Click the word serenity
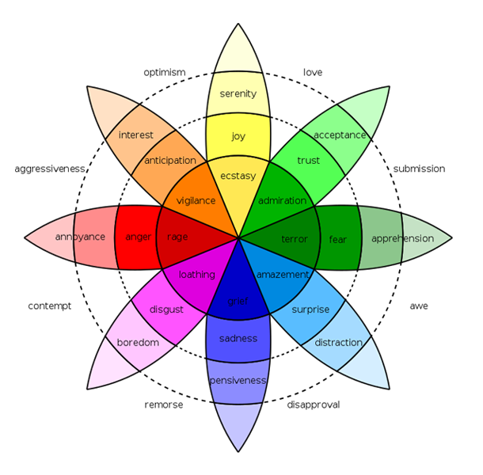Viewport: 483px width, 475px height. (238, 93)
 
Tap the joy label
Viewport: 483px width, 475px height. (238, 136)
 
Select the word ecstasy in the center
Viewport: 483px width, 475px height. (238, 176)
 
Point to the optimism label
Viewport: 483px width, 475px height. (165, 73)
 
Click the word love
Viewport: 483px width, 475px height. (313, 72)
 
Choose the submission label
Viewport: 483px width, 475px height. (419, 169)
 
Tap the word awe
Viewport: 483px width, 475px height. (419, 306)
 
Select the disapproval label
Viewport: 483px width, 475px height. (314, 405)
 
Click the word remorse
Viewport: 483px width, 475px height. (164, 405)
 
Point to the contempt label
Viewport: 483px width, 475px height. (50, 306)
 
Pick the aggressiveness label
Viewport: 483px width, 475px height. (50, 169)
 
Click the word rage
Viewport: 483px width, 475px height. (177, 237)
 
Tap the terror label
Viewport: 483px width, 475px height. (295, 239)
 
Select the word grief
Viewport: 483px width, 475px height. (238, 302)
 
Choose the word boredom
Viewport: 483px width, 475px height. (138, 343)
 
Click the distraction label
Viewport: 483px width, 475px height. (339, 343)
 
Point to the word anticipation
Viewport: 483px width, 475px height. (170, 161)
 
